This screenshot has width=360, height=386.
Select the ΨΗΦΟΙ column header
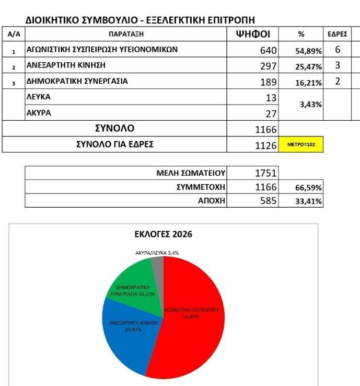(x=253, y=35)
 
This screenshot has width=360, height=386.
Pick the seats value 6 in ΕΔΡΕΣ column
(x=338, y=50)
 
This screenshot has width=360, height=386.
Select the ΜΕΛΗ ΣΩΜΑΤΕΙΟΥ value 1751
(x=265, y=173)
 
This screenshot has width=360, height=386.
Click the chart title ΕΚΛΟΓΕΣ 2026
(x=163, y=234)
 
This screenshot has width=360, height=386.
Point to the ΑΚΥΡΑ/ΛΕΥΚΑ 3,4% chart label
(x=156, y=253)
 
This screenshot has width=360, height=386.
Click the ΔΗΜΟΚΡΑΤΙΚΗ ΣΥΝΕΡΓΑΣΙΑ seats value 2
(x=338, y=82)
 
